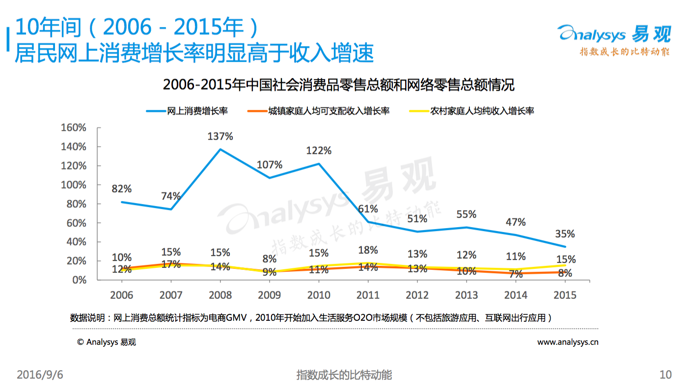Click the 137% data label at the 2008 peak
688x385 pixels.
pyautogui.click(x=220, y=136)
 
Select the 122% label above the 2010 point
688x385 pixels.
pyautogui.click(x=319, y=151)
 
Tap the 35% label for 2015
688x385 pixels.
pyautogui.click(x=565, y=234)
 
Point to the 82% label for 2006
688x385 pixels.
pyautogui.click(x=122, y=189)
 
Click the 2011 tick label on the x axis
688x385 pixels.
pyautogui.click(x=368, y=295)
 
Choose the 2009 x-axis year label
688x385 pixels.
pyautogui.click(x=270, y=295)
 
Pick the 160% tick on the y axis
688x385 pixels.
pyautogui.click(x=73, y=128)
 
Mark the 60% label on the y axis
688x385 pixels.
pyautogui.click(x=76, y=223)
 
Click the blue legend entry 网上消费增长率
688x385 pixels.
pyautogui.click(x=187, y=111)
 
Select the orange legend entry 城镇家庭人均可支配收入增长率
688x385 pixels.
pyautogui.click(x=319, y=111)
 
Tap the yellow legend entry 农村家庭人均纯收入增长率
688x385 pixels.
pyautogui.click(x=472, y=111)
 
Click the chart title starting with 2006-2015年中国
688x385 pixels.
pyautogui.click(x=338, y=85)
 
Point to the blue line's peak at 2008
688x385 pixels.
pyautogui.click(x=220, y=150)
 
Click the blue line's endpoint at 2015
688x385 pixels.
pyautogui.click(x=565, y=246)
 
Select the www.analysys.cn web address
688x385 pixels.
pyautogui.click(x=568, y=342)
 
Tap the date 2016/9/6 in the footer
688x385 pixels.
pyautogui.click(x=40, y=375)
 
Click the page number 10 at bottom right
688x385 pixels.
pyautogui.click(x=665, y=375)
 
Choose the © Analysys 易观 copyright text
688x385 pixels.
pyautogui.click(x=106, y=342)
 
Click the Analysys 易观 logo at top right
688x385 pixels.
pyautogui.click(x=614, y=40)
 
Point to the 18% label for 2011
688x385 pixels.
pyautogui.click(x=368, y=250)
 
